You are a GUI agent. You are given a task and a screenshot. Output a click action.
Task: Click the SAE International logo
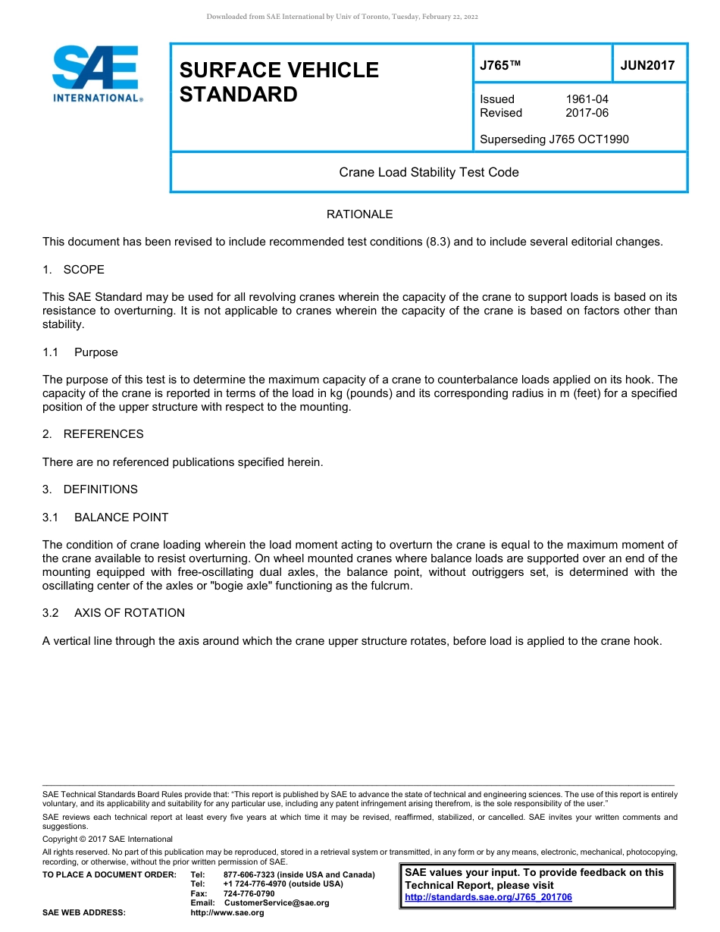coord(95,73)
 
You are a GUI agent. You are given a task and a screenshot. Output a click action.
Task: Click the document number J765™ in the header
coord(500,65)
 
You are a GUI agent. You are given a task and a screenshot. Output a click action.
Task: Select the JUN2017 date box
coord(647,65)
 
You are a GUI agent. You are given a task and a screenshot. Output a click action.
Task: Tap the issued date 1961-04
coord(587,99)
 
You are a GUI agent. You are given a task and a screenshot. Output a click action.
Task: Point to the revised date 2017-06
coord(587,113)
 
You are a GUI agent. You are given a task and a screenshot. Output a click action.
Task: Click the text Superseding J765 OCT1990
coord(554,139)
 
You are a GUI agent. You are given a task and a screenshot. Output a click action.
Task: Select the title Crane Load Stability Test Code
coord(429,172)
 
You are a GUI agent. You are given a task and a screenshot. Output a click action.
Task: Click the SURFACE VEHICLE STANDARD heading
coord(279,82)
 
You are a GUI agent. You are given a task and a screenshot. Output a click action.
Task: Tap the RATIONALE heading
coord(359,214)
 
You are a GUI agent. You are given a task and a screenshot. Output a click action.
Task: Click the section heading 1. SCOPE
coord(74,270)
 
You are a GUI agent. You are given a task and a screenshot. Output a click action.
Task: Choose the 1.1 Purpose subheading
coord(80,352)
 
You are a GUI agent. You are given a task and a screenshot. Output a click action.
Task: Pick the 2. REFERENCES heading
coord(92,434)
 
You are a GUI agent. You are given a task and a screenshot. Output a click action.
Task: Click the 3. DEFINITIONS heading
coord(90,489)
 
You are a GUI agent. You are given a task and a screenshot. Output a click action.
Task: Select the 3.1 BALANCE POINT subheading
coord(105,518)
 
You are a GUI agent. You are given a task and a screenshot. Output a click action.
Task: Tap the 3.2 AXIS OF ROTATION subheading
coord(114,613)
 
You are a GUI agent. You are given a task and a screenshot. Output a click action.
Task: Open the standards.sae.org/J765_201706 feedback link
coord(488,897)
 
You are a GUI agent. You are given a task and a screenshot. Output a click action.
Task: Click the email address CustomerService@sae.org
coord(277,903)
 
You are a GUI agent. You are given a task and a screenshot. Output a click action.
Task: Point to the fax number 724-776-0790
coord(249,893)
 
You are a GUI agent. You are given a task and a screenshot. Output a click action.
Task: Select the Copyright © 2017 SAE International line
coord(108,839)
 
